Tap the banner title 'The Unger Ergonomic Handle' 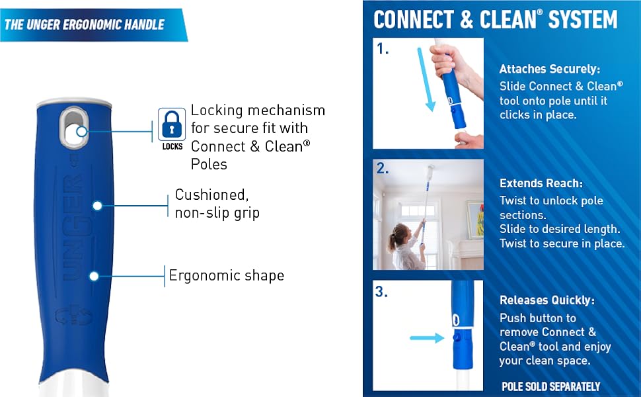coord(84,24)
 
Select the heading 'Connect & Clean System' coord(496,19)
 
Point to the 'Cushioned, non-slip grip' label coord(217,204)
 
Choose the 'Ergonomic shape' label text coord(227,275)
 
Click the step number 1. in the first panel coord(383,49)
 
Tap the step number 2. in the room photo coord(383,168)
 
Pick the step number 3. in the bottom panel coord(381,291)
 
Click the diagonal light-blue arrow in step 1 coord(425,79)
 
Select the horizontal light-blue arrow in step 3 coord(427,337)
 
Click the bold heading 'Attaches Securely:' coord(549,69)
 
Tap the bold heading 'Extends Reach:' coord(541,183)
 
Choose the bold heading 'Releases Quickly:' coord(547,300)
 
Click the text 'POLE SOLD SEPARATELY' coord(550,386)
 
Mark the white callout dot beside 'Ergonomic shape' coord(94,277)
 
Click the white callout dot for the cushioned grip coord(97,206)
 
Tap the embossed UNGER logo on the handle coord(73,227)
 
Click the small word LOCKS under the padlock coord(172,146)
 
